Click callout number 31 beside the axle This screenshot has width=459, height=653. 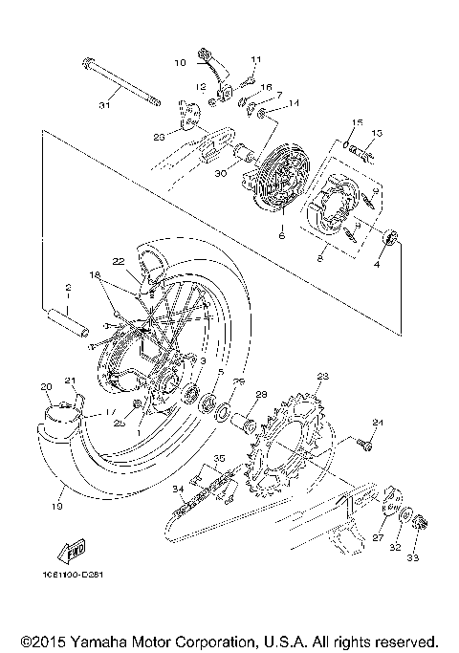point(104,105)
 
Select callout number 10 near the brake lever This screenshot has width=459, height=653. point(180,63)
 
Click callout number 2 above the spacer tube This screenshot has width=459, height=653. point(68,287)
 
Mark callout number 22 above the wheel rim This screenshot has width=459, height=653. point(118,261)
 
